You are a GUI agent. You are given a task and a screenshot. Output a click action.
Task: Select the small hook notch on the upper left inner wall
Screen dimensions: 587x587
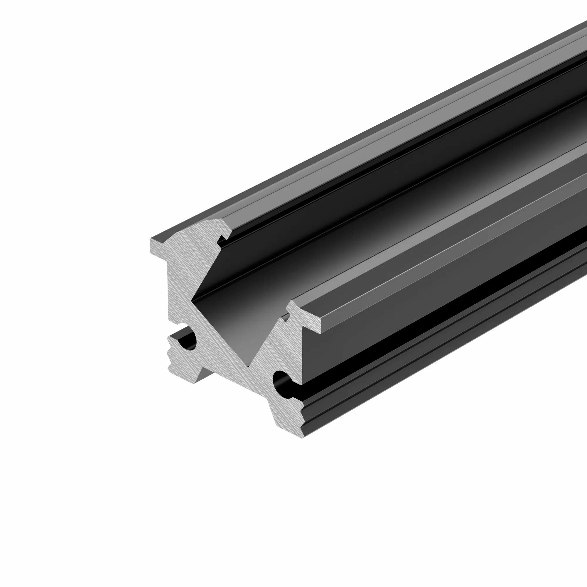pyautogui.click(x=221, y=241)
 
